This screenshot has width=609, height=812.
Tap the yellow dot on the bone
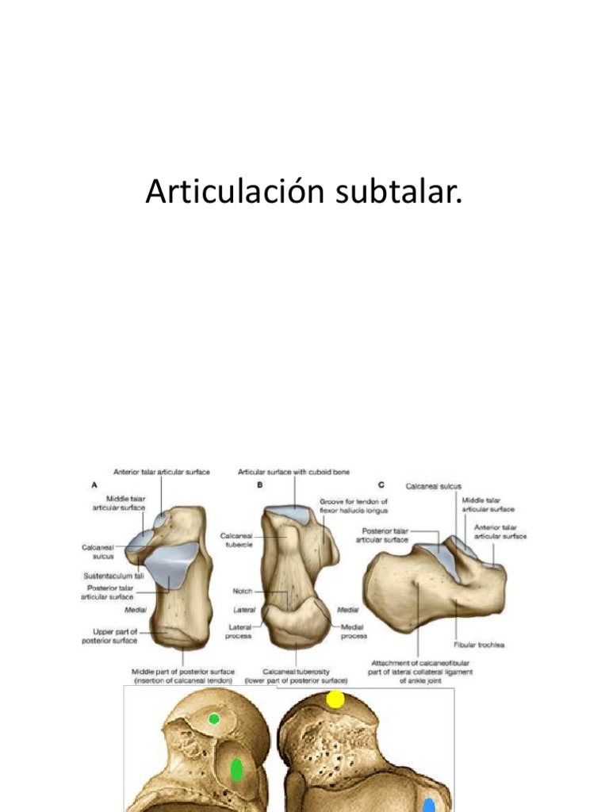[335, 699]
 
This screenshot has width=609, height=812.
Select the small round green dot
[213, 719]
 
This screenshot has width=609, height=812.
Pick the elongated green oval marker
[236, 769]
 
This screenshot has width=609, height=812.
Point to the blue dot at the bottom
[429, 806]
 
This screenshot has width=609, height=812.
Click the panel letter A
[95, 483]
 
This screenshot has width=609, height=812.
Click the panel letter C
[381, 483]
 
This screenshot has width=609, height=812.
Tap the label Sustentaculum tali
[113, 576]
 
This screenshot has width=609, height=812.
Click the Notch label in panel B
[242, 591]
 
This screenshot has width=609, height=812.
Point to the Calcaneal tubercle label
[236, 541]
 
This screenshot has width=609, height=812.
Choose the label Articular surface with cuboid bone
[293, 472]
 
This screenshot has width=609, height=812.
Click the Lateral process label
[238, 631]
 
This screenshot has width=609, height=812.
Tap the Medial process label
[354, 631]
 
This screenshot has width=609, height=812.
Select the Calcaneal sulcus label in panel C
[434, 486]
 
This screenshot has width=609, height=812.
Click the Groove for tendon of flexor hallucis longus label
[354, 506]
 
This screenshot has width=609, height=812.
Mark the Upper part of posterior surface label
[110, 636]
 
